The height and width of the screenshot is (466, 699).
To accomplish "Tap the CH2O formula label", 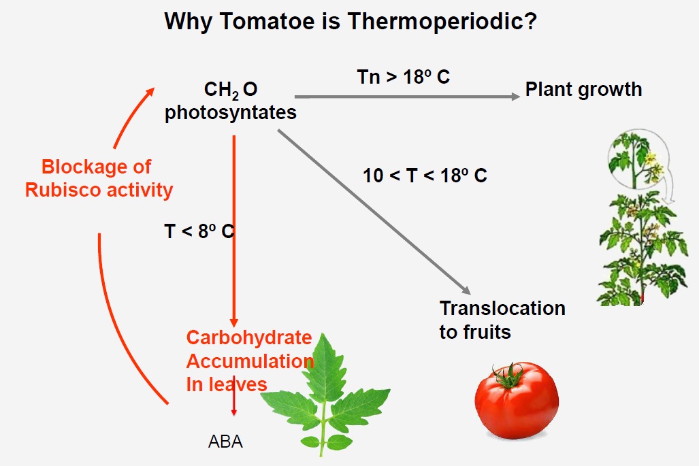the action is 231,90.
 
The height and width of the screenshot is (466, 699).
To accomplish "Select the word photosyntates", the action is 231,113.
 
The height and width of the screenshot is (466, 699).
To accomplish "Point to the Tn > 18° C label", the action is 404,77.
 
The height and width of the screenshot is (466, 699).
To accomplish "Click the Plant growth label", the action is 583,90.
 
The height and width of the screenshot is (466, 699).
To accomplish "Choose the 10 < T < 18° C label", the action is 425,175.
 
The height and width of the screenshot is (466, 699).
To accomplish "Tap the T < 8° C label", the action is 199,231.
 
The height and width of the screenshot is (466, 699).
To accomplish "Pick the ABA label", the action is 225,442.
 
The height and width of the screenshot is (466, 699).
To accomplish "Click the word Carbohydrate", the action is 248,337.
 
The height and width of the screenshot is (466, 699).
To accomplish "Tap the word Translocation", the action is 502,308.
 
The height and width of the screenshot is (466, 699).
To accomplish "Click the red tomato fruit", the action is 517,400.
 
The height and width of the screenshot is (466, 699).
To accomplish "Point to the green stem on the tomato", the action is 508,375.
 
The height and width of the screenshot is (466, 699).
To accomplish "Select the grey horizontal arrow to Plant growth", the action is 407,97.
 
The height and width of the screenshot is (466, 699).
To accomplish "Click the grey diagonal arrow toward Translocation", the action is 374,212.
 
